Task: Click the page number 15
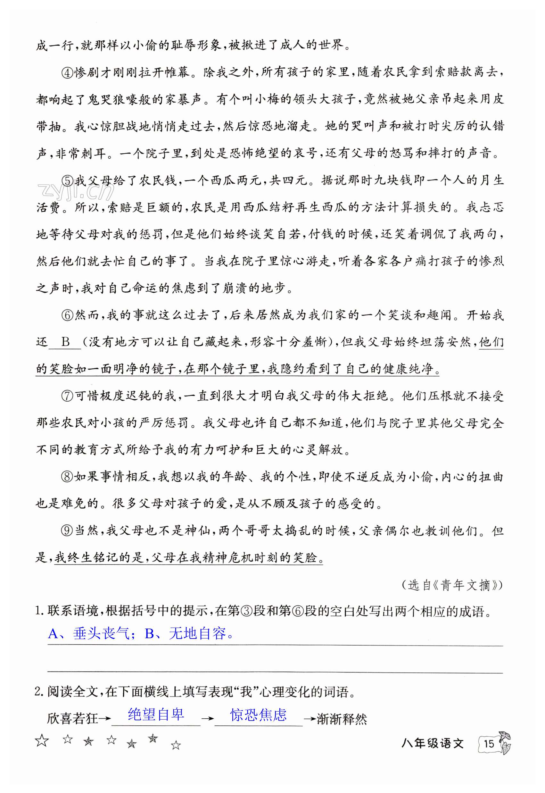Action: [x=489, y=744]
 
